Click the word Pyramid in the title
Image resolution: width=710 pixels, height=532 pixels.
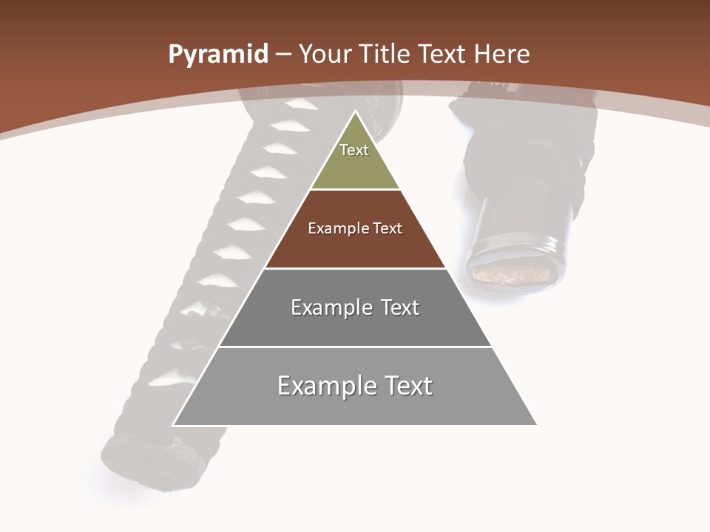coord(217,55)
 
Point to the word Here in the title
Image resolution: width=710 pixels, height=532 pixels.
coord(501,54)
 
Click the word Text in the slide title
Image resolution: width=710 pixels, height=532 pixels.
coord(442,54)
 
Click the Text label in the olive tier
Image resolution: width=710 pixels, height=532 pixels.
coord(354,150)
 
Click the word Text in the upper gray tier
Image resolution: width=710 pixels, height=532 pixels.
coord(400,307)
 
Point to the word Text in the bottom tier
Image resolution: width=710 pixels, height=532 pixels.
coord(407,386)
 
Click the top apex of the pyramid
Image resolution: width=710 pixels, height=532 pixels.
coord(355,112)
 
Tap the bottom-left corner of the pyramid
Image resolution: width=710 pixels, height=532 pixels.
coord(173,425)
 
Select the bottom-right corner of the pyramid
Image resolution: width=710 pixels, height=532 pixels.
coord(536,425)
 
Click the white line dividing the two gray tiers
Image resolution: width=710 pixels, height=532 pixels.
coord(355,347)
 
